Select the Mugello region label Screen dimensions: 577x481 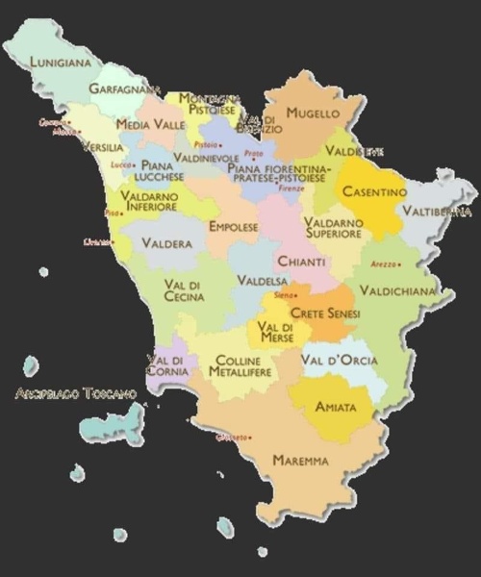coord(314,113)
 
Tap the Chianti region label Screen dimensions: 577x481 coord(302,262)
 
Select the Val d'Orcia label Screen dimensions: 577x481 coord(339,361)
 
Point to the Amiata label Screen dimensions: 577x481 coord(336,407)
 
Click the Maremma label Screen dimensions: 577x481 coord(300,461)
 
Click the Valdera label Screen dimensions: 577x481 coord(166,244)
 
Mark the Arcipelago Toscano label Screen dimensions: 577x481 coord(76,393)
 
